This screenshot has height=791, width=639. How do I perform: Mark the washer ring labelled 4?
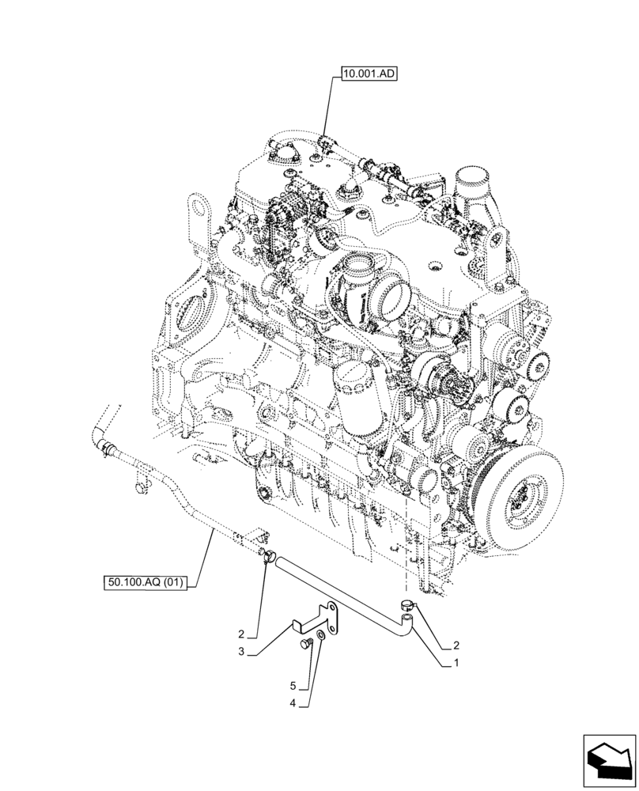point(319,637)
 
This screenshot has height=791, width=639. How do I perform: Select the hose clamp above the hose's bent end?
point(406,605)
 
